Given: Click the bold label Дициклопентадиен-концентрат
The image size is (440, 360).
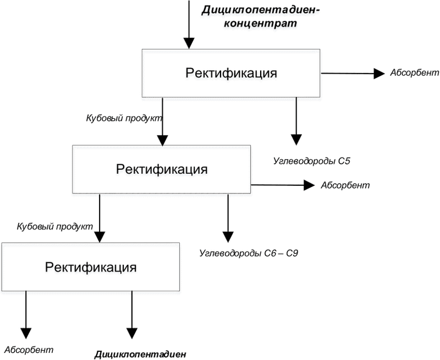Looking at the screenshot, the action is (261, 17).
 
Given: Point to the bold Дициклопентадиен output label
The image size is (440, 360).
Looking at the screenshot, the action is (140, 354).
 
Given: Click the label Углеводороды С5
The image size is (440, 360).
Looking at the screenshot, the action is (312, 161).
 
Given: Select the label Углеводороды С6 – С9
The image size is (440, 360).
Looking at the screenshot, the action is (249, 253).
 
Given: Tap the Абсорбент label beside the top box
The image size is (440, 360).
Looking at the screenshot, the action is (415, 73).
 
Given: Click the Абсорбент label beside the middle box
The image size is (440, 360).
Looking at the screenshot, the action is (345, 185).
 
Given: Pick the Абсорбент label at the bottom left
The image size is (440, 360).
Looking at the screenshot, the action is (29, 350).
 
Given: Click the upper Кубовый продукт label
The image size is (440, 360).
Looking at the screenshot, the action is (124, 118).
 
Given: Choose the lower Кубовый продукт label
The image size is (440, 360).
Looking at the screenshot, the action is (54, 226).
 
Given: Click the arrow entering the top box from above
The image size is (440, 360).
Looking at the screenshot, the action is (189, 24).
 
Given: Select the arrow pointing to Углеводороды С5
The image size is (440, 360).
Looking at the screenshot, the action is (296, 121).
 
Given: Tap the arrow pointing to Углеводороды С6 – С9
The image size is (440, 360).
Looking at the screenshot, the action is (228, 218).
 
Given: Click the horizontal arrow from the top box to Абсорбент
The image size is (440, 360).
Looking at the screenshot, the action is (353, 74).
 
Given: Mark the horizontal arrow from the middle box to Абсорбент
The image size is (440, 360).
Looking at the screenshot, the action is (283, 185).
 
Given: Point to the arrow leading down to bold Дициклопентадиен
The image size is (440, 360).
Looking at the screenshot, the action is (132, 315).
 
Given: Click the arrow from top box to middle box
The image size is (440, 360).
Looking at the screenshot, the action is (162, 121).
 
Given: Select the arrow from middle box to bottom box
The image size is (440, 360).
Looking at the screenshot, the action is (100, 218).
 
